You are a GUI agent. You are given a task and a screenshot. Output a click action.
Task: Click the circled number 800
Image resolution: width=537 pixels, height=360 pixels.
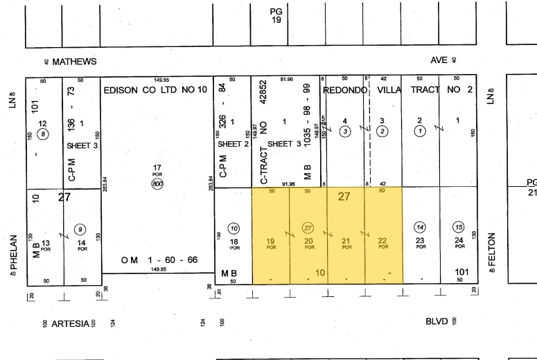[x=158, y=183]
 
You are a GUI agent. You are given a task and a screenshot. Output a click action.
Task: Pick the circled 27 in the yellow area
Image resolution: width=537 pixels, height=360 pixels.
[x=308, y=227]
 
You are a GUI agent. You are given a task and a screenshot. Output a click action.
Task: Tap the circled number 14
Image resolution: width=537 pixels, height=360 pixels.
[x=419, y=227]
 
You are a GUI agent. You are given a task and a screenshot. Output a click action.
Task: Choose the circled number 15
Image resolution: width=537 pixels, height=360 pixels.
[x=458, y=227]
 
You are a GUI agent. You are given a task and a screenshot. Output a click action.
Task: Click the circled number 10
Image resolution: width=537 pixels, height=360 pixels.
[x=234, y=228]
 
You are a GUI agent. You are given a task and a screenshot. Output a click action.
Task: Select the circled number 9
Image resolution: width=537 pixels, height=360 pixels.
[x=81, y=228]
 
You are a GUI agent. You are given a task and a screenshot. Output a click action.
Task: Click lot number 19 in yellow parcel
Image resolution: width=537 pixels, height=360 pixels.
[x=270, y=242]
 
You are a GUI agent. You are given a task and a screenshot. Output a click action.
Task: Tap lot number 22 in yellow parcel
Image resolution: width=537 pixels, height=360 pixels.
[x=382, y=242]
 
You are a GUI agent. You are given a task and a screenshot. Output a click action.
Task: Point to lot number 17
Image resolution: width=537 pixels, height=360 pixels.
[x=157, y=167]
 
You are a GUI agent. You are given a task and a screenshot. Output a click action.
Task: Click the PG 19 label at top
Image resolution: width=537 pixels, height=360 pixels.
[x=276, y=15]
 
